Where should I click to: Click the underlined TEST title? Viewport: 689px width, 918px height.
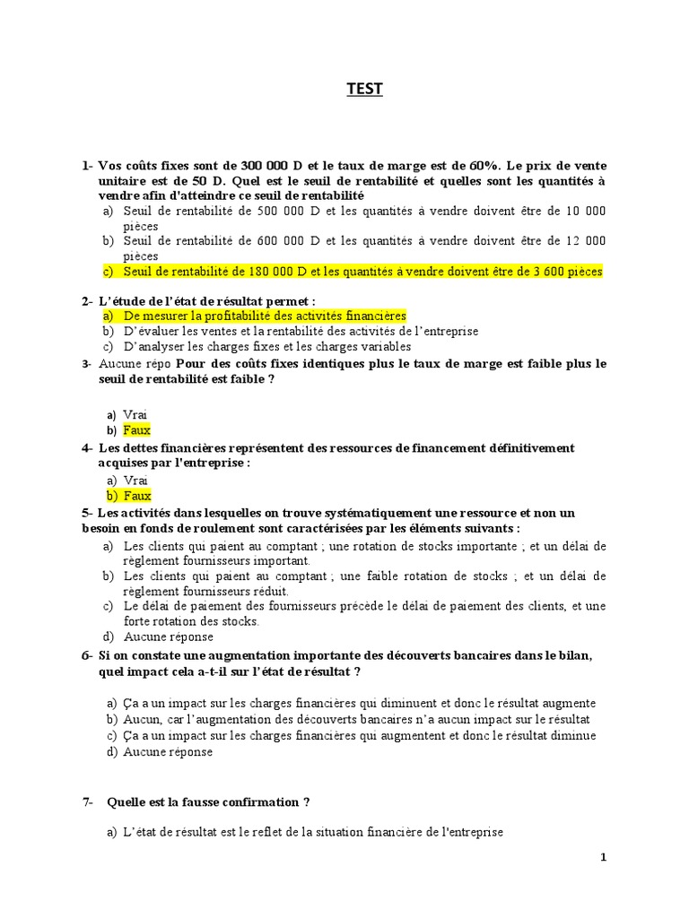(365, 89)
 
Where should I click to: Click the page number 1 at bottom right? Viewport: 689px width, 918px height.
(604, 857)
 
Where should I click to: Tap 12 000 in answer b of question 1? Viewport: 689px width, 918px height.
(587, 240)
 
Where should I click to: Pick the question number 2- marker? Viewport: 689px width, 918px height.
(87, 300)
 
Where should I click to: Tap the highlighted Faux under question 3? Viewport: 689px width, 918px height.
(137, 430)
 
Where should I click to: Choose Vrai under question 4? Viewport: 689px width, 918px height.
(135, 481)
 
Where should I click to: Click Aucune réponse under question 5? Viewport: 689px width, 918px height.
(169, 637)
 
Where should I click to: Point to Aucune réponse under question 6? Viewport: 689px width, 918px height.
(169, 751)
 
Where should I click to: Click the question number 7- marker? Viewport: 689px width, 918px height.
(88, 801)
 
